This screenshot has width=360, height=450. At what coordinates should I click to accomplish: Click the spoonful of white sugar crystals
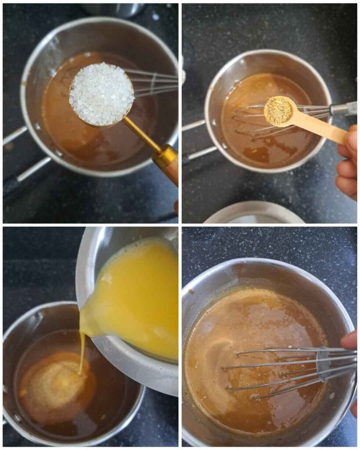(102, 94)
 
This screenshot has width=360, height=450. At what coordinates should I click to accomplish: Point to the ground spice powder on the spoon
(279, 111)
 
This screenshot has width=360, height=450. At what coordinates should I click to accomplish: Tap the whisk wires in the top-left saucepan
(152, 83)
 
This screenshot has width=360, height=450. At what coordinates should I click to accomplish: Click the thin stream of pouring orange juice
(82, 352)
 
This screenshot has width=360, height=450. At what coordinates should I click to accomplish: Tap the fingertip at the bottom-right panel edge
(350, 340)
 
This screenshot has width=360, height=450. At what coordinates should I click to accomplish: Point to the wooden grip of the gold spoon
(169, 167)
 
